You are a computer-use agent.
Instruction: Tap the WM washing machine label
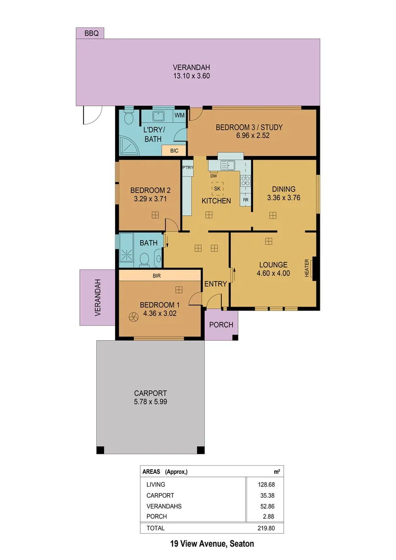(x=179, y=115)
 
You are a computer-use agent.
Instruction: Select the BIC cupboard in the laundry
(x=174, y=151)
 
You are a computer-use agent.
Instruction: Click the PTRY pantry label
(x=188, y=167)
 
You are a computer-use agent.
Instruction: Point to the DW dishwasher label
(x=213, y=176)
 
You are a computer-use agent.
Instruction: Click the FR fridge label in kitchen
(x=245, y=199)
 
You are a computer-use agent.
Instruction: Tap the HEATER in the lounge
(x=307, y=268)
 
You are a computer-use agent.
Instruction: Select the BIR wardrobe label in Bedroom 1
(x=157, y=276)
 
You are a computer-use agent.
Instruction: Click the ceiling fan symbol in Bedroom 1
(x=133, y=316)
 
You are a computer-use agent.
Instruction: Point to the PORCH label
(x=221, y=325)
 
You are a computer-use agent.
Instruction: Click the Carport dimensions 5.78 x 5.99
(x=150, y=401)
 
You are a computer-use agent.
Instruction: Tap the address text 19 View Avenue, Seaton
(x=212, y=544)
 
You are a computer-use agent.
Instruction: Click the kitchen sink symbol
(x=228, y=165)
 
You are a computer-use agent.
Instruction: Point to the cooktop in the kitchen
(x=246, y=181)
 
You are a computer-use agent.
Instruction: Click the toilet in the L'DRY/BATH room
(x=129, y=118)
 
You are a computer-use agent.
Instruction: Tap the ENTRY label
(x=216, y=284)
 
